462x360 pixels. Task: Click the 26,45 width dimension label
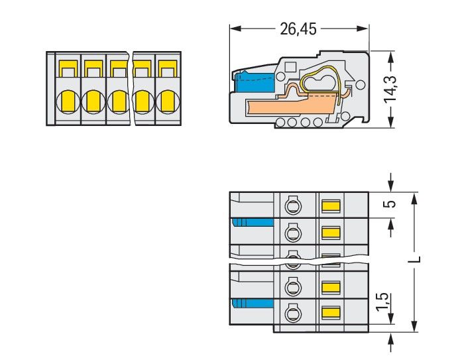click(x=299, y=29)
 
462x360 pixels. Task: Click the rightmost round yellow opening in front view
click(x=166, y=101)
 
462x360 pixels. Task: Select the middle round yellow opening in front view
click(x=117, y=101)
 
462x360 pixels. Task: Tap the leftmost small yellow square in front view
click(x=67, y=68)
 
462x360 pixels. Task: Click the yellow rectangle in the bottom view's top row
click(x=330, y=206)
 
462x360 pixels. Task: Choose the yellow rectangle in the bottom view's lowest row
click(x=330, y=312)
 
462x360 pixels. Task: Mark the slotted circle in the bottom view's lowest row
click(x=292, y=312)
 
